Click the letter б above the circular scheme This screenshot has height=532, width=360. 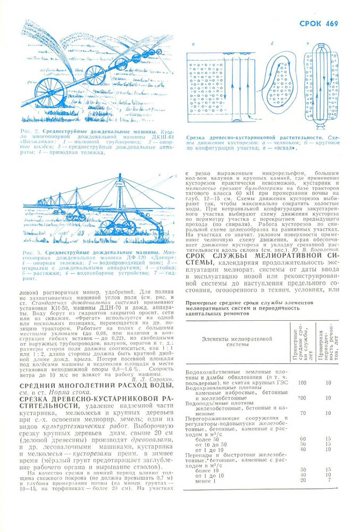272,43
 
